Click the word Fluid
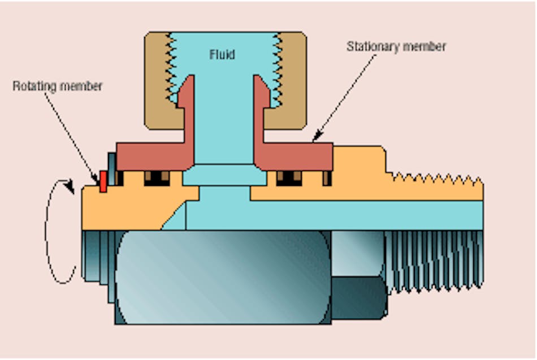tap(222, 55)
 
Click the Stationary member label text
tap(396, 47)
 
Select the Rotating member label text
tap(58, 86)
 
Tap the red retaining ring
tap(103, 181)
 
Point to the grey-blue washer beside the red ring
tap(111, 170)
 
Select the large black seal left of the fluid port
tap(157, 178)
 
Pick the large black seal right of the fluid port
tap(288, 178)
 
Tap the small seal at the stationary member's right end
tap(326, 178)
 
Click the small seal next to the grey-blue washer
tap(120, 178)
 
